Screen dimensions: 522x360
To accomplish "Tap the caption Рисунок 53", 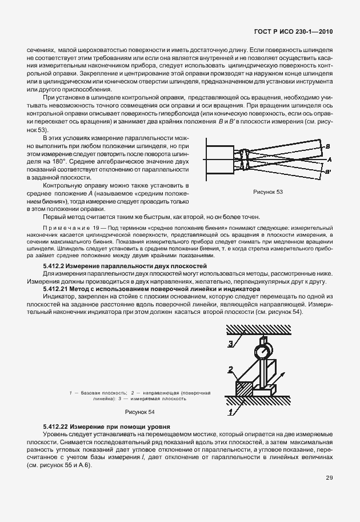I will coord(268,192).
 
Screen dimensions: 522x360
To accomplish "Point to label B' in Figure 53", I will coord(328,171).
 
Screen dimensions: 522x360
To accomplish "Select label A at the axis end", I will coord(330,159).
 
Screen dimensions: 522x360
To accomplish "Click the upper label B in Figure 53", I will coord(327,146).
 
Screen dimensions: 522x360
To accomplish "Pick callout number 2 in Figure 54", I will coord(230,369).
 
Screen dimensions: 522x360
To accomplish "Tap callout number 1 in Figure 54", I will coord(230,411).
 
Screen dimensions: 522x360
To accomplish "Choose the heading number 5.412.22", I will coord(58,427).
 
